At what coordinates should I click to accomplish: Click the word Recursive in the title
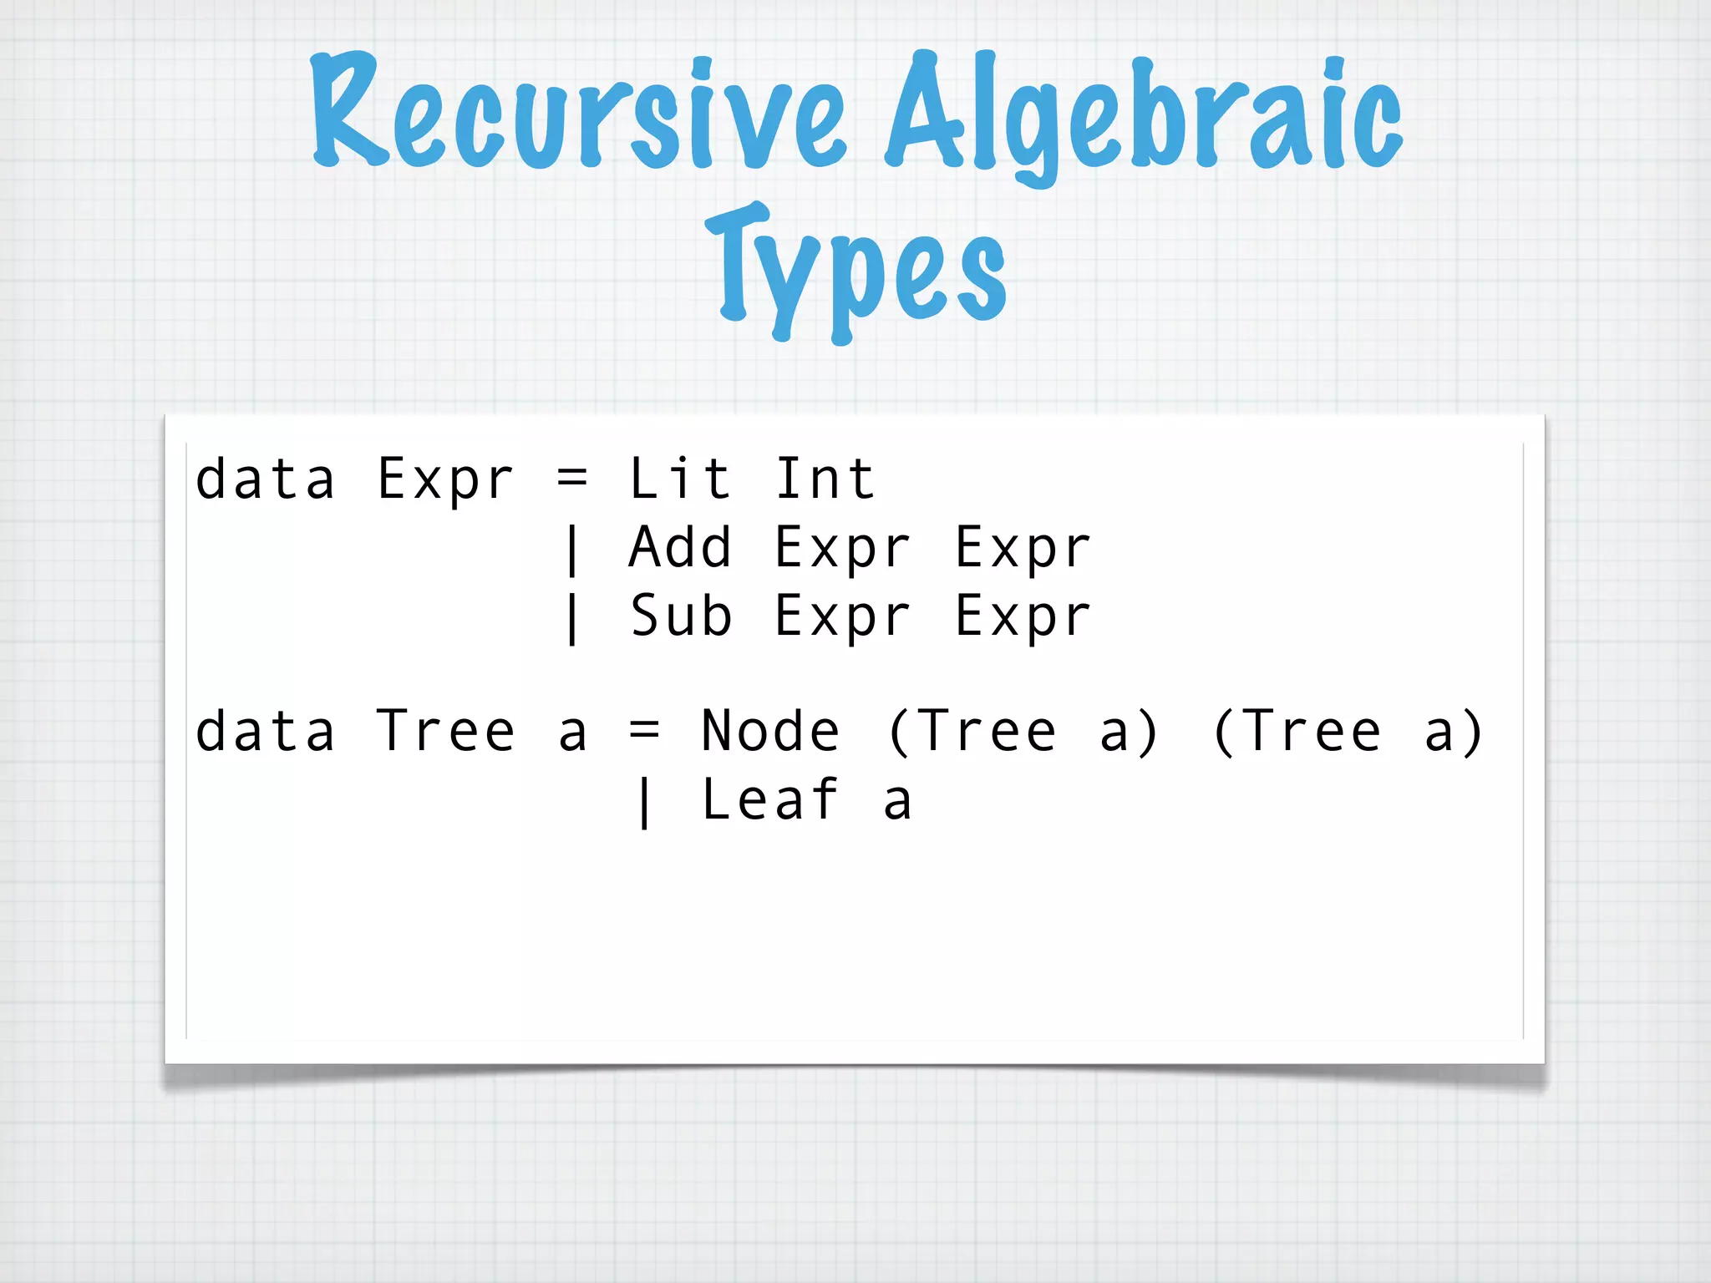(576, 113)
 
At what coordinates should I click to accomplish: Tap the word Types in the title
(855, 267)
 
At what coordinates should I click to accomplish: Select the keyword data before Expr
(265, 479)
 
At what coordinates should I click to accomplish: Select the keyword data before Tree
(265, 732)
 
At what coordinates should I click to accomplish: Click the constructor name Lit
(680, 479)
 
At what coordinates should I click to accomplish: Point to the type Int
(825, 479)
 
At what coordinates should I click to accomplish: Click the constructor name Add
(680, 548)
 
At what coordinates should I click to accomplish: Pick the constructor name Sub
(680, 616)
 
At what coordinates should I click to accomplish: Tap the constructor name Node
(770, 732)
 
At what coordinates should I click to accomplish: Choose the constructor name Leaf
(770, 800)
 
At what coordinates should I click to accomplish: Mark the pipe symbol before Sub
(572, 618)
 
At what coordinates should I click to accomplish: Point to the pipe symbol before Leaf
(644, 802)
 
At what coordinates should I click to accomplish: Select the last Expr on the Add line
(1023, 550)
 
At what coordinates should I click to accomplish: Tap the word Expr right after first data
(445, 481)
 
